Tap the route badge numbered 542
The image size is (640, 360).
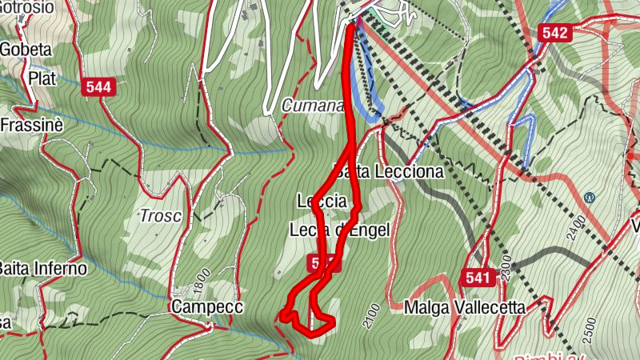(x=554, y=32)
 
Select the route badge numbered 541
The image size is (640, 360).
(x=476, y=277)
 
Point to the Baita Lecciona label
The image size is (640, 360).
(x=390, y=172)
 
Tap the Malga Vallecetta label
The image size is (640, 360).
(x=465, y=307)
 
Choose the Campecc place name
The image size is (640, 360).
(x=206, y=306)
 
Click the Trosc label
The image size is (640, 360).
(x=160, y=216)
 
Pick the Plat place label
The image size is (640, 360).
(x=42, y=78)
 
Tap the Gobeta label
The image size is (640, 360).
(x=26, y=50)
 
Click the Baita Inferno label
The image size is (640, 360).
(x=42, y=268)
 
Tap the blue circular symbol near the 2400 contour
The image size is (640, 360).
(x=590, y=197)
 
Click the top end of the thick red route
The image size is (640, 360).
(x=351, y=26)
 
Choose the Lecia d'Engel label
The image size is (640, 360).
(x=339, y=230)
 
